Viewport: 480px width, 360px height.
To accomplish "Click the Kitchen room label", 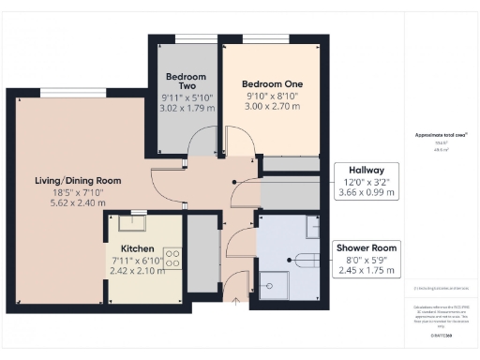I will (x=136, y=249).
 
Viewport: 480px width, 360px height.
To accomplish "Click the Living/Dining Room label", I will (x=78, y=180).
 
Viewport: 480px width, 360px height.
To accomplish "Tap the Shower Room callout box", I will (x=367, y=260).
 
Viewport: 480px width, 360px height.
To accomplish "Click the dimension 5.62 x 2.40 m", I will (x=78, y=202).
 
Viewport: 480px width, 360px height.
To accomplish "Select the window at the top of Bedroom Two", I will (x=184, y=38).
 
